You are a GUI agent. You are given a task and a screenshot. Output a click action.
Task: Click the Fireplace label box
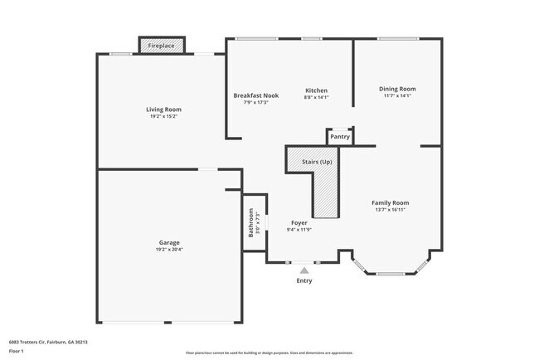click(x=162, y=46)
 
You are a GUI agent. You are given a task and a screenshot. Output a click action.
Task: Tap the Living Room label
click(x=163, y=109)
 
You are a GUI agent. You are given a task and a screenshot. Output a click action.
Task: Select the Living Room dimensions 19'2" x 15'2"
click(x=163, y=116)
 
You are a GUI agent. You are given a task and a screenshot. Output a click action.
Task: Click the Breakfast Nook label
click(x=256, y=95)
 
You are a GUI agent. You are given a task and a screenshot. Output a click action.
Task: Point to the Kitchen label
click(x=317, y=90)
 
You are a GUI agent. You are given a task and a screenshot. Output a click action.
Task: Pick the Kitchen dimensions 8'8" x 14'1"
click(x=317, y=97)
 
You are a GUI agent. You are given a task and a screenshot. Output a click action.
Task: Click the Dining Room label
click(x=397, y=89)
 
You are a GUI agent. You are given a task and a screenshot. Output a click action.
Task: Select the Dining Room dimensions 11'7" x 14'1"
click(x=397, y=95)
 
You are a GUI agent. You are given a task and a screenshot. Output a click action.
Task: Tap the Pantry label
click(x=340, y=137)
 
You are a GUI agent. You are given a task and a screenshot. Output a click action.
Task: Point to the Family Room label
click(x=390, y=202)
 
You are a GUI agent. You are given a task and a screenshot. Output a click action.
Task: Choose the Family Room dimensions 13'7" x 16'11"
click(x=390, y=209)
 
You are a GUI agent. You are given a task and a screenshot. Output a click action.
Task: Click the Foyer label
click(x=299, y=222)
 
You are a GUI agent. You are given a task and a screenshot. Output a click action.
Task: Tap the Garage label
click(x=169, y=243)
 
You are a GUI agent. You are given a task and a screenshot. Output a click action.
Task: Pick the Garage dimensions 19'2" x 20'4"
click(x=169, y=250)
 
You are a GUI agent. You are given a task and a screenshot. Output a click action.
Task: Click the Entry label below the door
click(x=305, y=280)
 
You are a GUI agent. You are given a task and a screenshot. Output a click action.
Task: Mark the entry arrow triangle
click(x=305, y=270)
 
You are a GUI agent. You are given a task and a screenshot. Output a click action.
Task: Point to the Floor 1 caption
click(x=17, y=352)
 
